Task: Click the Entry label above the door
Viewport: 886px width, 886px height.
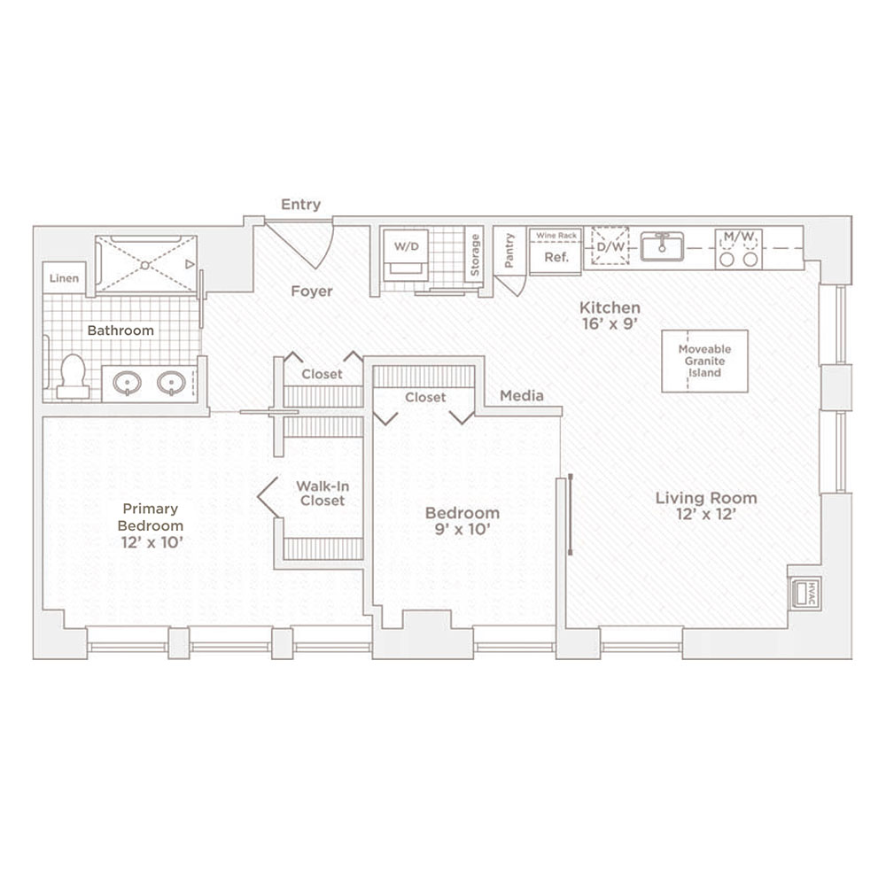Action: (300, 204)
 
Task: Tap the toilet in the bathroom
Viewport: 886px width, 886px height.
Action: (73, 376)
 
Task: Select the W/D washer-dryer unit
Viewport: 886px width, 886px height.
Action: (407, 254)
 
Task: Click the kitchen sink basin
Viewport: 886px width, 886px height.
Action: (662, 246)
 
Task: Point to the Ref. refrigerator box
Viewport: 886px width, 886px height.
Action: (556, 257)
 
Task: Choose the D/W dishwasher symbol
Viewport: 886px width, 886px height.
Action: (610, 245)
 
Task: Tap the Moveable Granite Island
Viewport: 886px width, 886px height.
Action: (704, 361)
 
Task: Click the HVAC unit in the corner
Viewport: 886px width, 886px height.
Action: (805, 594)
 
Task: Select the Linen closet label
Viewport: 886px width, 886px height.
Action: (64, 278)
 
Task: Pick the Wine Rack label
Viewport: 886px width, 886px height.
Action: (556, 235)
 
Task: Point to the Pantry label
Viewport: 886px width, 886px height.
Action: (509, 250)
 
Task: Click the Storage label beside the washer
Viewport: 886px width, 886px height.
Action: (475, 255)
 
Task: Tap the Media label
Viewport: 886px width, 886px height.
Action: (522, 395)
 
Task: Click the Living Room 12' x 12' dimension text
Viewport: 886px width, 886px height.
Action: (706, 514)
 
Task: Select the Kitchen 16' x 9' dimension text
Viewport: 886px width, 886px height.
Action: (610, 323)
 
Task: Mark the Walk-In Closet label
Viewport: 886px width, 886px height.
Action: (323, 494)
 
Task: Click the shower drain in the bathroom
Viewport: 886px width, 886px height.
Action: (145, 264)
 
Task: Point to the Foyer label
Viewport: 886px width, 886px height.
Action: (311, 291)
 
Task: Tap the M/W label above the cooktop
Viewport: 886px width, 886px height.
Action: (739, 237)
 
